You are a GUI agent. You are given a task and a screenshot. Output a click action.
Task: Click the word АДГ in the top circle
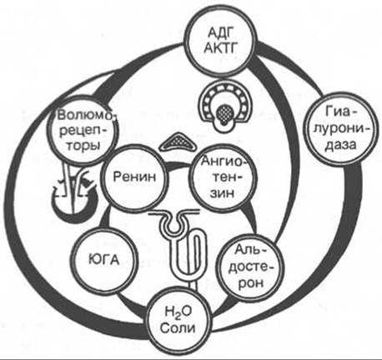tap(220, 34)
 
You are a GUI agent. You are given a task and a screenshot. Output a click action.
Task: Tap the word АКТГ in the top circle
tap(220, 48)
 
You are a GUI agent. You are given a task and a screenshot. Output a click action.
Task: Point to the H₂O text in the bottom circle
tap(178, 312)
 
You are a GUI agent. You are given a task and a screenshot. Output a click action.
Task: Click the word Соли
tap(178, 328)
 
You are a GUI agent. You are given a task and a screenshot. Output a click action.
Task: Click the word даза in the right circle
tap(341, 145)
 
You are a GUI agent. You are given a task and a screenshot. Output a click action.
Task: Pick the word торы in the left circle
tap(83, 146)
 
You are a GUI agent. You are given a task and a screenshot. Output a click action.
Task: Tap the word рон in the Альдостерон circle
tap(250, 283)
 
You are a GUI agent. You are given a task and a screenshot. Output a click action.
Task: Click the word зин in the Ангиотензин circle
tap(223, 192)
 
